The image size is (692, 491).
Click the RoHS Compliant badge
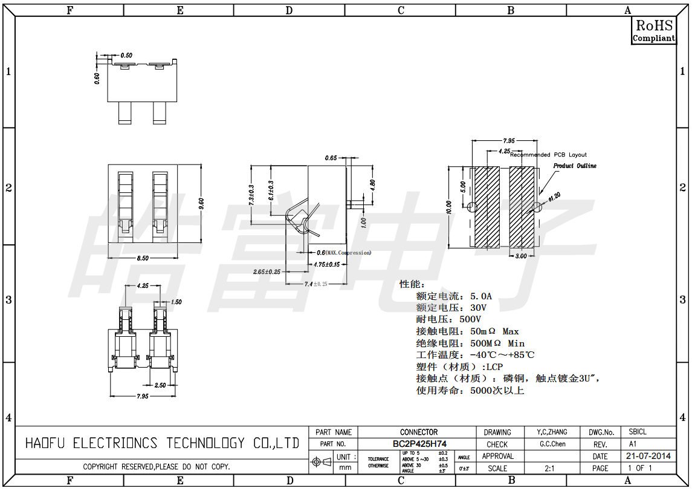click(x=653, y=30)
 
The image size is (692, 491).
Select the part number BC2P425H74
click(x=419, y=444)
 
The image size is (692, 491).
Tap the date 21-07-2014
click(x=647, y=456)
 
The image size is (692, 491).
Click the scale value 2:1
click(x=550, y=468)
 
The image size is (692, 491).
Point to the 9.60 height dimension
click(x=201, y=203)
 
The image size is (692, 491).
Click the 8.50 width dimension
click(x=143, y=258)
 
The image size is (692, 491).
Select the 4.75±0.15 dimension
click(x=326, y=264)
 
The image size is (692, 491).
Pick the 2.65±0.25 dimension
click(x=267, y=272)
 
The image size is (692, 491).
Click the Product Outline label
click(x=575, y=166)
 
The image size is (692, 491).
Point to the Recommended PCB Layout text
click(x=548, y=155)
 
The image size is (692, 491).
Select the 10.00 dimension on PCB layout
click(x=448, y=207)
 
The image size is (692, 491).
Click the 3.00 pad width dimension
click(x=521, y=256)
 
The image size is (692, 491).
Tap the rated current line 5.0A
click(x=454, y=296)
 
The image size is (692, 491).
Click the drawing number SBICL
click(x=638, y=432)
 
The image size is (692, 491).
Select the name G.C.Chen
click(x=552, y=444)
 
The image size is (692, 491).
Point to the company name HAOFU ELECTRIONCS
click(x=162, y=443)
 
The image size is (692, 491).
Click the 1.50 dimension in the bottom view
click(x=176, y=302)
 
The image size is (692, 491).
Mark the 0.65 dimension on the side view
click(x=331, y=158)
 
